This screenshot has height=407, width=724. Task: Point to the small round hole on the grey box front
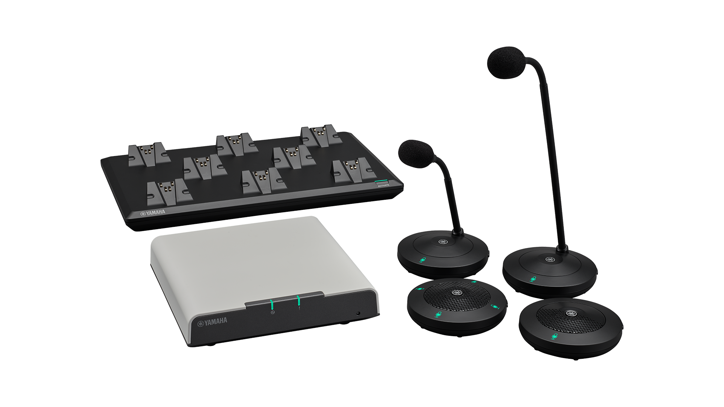tap(358, 313)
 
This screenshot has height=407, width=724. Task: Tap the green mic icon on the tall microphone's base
tap(533, 279)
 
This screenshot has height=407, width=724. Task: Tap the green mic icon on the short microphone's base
tap(423, 260)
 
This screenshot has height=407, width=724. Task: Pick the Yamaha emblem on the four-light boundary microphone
tap(457, 294)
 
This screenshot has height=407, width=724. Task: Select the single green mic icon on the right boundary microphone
tap(554, 336)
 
